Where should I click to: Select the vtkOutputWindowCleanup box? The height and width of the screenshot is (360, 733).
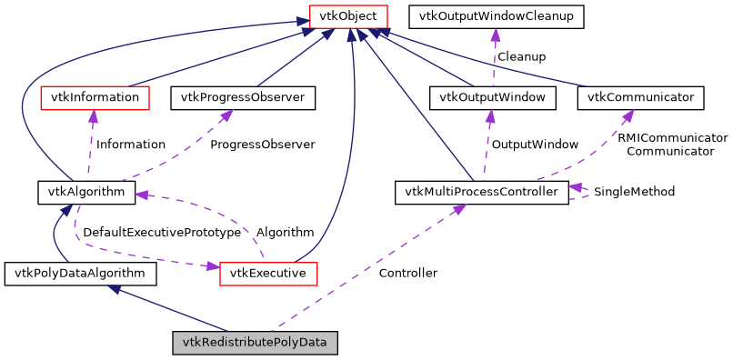point(496,16)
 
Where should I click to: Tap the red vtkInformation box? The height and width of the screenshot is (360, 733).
point(95,96)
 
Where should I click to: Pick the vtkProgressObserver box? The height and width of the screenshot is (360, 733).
point(243,96)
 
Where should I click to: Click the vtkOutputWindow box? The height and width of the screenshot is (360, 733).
point(492,96)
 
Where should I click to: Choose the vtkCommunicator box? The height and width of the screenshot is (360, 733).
point(640,96)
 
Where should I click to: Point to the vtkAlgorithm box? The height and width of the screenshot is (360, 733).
point(86,192)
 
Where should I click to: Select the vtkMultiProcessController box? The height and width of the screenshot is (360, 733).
point(482,192)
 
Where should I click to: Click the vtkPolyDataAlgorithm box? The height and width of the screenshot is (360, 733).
point(80,273)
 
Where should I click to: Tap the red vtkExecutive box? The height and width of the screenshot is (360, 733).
point(267,273)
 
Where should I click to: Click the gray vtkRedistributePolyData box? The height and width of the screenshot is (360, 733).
point(256,343)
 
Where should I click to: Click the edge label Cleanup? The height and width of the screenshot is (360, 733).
point(521,56)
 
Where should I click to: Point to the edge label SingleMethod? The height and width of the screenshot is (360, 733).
point(634,192)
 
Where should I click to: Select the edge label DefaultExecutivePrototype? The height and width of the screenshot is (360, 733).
point(162,233)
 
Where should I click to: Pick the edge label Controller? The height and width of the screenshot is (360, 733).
point(407,273)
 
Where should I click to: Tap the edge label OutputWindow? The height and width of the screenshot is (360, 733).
point(535,145)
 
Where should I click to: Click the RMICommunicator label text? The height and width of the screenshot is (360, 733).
point(672,138)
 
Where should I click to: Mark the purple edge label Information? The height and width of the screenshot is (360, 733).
point(131,145)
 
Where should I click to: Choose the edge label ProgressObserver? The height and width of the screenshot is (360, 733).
point(262,145)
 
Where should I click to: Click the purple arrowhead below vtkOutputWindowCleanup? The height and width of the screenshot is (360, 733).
point(495,35)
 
